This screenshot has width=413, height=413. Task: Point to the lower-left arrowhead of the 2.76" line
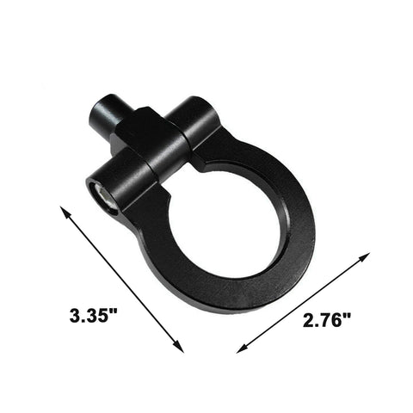point(240,349)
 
